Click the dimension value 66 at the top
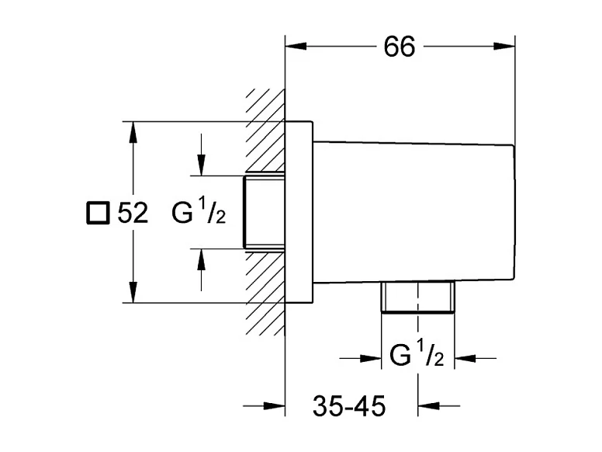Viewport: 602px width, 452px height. point(400,47)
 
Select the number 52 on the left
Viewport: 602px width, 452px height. point(133,213)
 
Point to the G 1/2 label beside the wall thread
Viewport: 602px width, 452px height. point(199,213)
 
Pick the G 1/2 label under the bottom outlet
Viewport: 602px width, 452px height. point(417,357)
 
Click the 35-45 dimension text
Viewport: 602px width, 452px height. point(349,405)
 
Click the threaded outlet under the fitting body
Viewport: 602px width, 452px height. point(417,298)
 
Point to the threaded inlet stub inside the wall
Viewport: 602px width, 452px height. point(264,211)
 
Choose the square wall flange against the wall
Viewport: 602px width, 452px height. point(299,211)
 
